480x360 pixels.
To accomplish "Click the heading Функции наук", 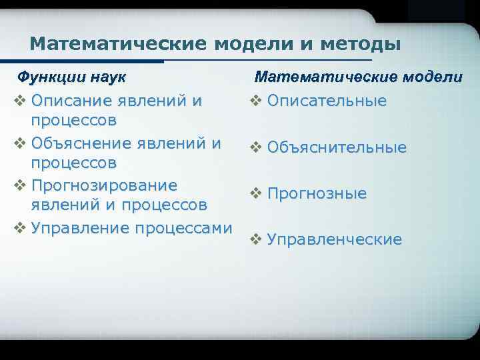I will [72, 76].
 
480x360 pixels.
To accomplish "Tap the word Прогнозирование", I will [104, 185].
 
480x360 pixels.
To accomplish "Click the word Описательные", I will [327, 101].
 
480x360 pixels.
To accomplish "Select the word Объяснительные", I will [337, 147].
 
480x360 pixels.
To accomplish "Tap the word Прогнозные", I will [317, 193].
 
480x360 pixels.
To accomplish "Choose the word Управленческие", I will [334, 239].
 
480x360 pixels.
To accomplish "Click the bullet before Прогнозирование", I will [20, 185].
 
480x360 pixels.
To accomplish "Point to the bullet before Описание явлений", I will [20, 102].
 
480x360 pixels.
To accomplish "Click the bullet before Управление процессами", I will [20, 227].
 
